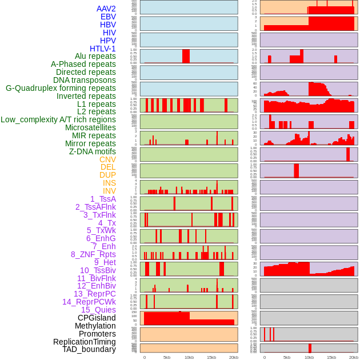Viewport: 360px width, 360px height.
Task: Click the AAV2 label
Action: pyautogui.click(x=106, y=9)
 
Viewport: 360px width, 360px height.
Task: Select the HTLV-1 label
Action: pyautogui.click(x=103, y=49)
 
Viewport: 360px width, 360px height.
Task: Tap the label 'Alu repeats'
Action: pyautogui.click(x=95, y=57)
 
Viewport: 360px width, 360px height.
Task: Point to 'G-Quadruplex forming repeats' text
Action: pyautogui.click(x=61, y=88)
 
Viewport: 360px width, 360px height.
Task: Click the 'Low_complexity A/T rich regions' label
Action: pyautogui.click(x=58, y=119)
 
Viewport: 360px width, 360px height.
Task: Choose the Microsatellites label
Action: pyautogui.click(x=90, y=127)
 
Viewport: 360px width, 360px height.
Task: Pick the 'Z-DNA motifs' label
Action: pyautogui.click(x=93, y=151)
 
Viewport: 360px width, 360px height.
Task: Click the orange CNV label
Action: pyautogui.click(x=107, y=159)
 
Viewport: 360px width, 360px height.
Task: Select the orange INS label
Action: pyautogui.click(x=109, y=183)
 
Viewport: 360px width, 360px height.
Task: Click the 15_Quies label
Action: pyautogui.click(x=98, y=310)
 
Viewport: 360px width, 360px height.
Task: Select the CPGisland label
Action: pyautogui.click(x=97, y=318)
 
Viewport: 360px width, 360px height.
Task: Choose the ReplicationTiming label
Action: pyautogui.click(x=85, y=342)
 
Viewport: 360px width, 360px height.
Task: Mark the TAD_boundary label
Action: pyautogui.click(x=89, y=349)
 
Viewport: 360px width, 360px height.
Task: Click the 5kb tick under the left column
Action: pyautogui.click(x=167, y=357)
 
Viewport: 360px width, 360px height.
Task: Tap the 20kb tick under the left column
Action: pyautogui.click(x=234, y=357)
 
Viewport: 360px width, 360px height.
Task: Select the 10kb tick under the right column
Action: pyautogui.click(x=309, y=357)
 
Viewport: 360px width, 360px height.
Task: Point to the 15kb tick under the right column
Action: pyautogui.click(x=331, y=357)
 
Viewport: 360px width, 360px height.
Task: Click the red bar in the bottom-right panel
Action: pyautogui.click(x=310, y=347)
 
